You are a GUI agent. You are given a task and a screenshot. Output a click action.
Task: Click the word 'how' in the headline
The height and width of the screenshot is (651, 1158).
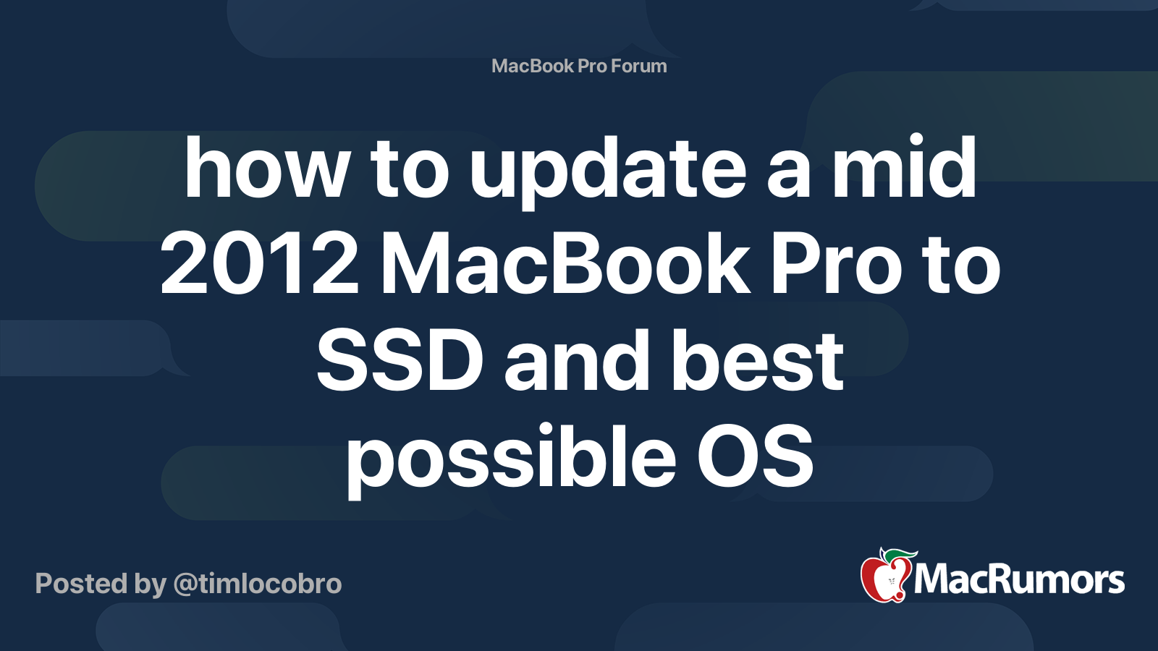pyautogui.click(x=266, y=167)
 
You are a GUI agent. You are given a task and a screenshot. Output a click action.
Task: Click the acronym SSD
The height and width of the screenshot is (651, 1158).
pyautogui.click(x=400, y=360)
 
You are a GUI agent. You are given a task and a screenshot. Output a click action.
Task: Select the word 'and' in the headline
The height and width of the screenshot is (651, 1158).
pyautogui.click(x=576, y=360)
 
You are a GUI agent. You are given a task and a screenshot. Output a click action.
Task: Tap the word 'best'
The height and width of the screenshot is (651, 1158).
pyautogui.click(x=757, y=360)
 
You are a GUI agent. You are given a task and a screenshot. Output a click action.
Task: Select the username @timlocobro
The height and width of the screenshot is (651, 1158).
pyautogui.click(x=258, y=584)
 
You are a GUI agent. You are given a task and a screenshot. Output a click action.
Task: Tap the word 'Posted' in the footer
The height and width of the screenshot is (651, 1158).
pyautogui.click(x=82, y=584)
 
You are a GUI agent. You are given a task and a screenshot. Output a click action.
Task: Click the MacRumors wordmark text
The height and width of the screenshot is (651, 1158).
pyautogui.click(x=1019, y=579)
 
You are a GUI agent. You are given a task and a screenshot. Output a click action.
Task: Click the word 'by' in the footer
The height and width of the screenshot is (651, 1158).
pyautogui.click(x=151, y=586)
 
